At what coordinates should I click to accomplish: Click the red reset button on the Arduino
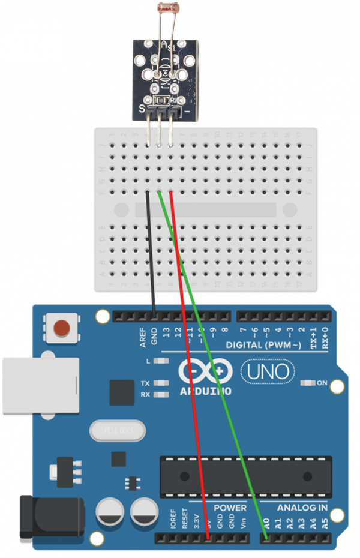[x=62, y=328]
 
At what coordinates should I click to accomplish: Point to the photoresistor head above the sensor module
[x=166, y=8]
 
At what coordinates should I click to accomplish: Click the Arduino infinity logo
[x=204, y=373]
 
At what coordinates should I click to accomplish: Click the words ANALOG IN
[x=302, y=508]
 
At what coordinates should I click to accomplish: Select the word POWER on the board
[x=230, y=508]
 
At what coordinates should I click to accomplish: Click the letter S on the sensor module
[x=142, y=109]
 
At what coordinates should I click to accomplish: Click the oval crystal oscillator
[x=118, y=430]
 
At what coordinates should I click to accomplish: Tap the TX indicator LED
[x=160, y=383]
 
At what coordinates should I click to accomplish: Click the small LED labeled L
[x=160, y=361]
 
